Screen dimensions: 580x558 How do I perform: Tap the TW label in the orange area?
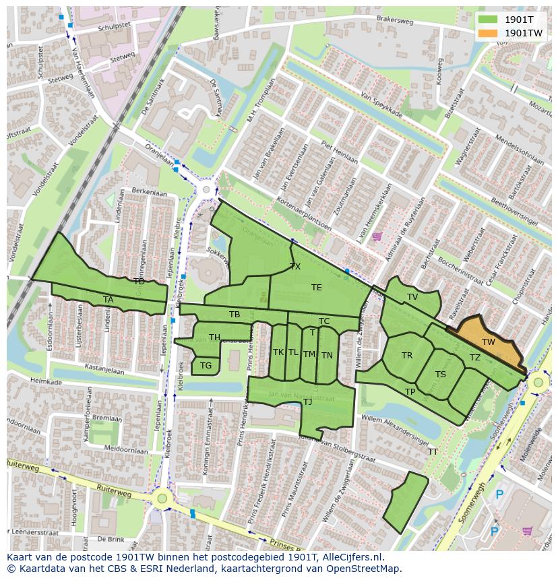[x=489, y=342]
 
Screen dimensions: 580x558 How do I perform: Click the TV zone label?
[x=412, y=297]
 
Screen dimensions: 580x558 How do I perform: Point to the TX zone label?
[x=295, y=267]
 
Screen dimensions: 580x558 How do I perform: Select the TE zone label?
[x=317, y=288]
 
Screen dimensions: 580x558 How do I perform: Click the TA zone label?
[x=108, y=300]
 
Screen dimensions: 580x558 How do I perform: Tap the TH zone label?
[x=214, y=337]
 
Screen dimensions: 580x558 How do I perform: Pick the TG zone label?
[x=206, y=366]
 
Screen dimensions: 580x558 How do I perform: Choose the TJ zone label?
[x=307, y=402]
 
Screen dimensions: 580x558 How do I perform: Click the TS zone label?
[x=441, y=375]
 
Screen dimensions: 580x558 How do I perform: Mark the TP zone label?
[x=410, y=392]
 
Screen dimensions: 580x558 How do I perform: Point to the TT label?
[x=433, y=452]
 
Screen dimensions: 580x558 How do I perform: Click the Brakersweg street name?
[x=396, y=20]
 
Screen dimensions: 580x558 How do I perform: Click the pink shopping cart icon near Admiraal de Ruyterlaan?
[x=377, y=236]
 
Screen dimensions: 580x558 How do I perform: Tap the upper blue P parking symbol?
[x=499, y=495]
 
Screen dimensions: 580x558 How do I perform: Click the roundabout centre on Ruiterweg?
[x=162, y=499]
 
